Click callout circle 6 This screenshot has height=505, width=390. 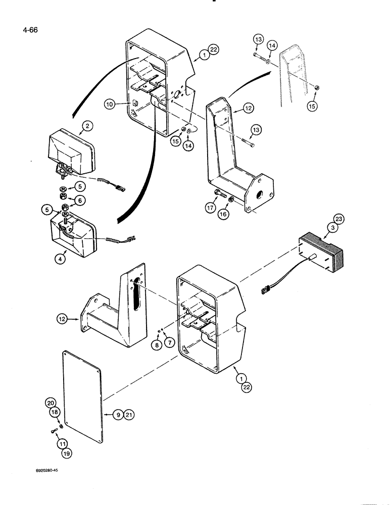pyautogui.click(x=80, y=200)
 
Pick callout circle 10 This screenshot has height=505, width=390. pyautogui.click(x=109, y=105)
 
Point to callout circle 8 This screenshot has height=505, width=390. pyautogui.click(x=158, y=345)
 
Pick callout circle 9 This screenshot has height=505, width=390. pyautogui.click(x=117, y=415)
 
